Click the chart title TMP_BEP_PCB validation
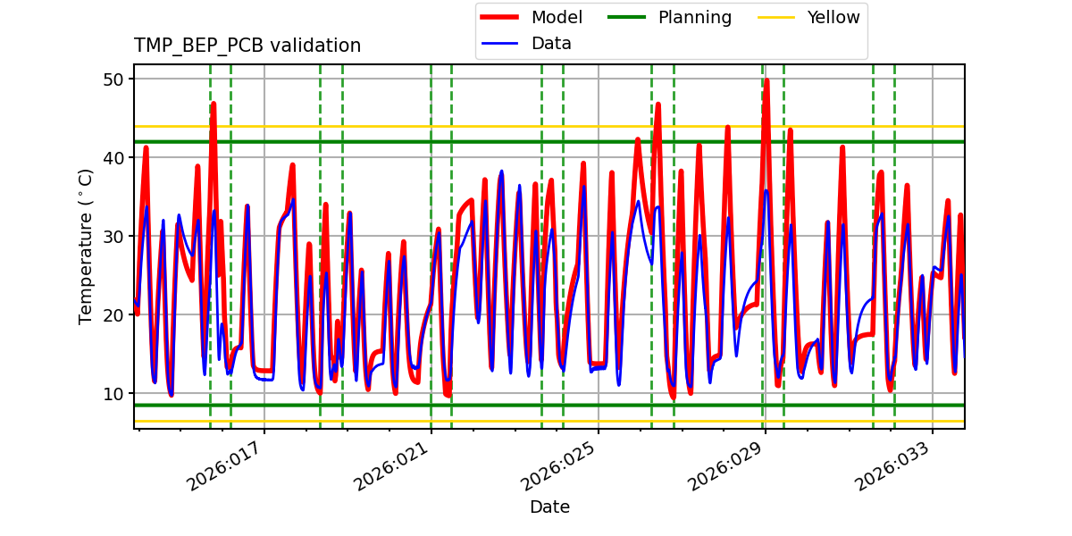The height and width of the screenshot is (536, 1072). [x=247, y=46]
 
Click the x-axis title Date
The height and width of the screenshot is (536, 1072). [x=549, y=507]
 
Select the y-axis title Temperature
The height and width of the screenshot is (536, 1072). [x=86, y=246]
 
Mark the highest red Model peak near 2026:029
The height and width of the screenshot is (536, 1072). [x=766, y=80]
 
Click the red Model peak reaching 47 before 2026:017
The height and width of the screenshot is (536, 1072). [x=214, y=104]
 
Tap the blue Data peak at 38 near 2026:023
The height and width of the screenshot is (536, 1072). [x=501, y=172]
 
